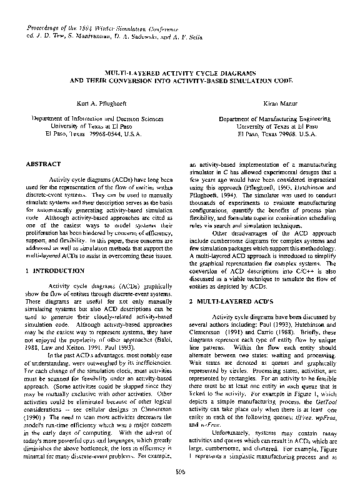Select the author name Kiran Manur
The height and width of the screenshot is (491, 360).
click(268, 101)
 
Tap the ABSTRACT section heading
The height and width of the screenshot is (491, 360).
click(43, 164)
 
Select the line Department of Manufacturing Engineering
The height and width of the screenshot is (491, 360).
click(269, 117)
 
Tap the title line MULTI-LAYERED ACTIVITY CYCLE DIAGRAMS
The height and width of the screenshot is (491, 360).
click(179, 73)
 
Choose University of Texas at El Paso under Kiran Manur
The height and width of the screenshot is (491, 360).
click(269, 126)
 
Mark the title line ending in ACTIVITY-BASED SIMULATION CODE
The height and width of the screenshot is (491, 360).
click(179, 81)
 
